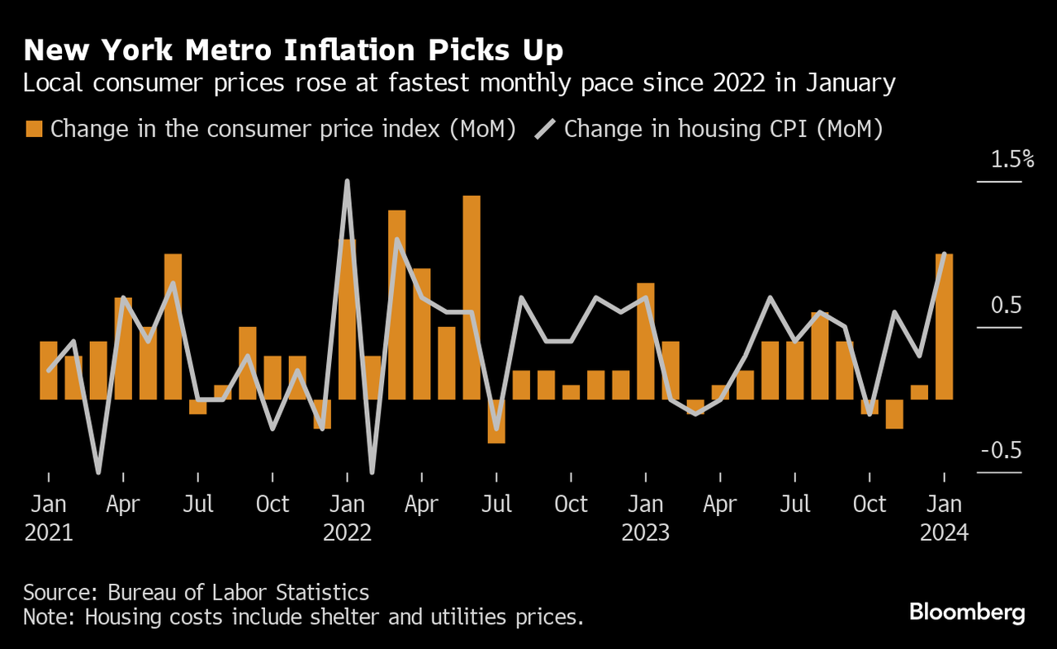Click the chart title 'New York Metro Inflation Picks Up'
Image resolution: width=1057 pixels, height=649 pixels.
[293, 50]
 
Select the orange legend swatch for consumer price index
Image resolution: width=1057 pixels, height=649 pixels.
[34, 129]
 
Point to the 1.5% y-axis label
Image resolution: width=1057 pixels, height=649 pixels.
[1012, 159]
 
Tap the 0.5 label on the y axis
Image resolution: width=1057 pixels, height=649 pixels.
[1007, 306]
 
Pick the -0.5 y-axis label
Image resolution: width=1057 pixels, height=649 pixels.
[1001, 451]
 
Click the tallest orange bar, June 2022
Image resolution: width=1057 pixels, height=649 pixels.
[472, 297]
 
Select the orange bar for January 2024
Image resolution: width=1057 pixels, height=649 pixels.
[944, 326]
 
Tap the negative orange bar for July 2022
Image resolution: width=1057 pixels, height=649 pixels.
[496, 421]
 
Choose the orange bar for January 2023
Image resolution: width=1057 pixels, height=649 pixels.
[646, 341]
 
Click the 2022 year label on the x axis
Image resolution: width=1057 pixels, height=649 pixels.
[347, 533]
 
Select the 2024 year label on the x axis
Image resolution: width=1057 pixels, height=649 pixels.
[944, 533]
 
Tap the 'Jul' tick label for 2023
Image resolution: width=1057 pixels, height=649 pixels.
[795, 504]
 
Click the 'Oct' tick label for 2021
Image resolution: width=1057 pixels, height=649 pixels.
[273, 504]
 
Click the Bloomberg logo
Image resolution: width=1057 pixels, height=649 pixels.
[967, 612]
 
